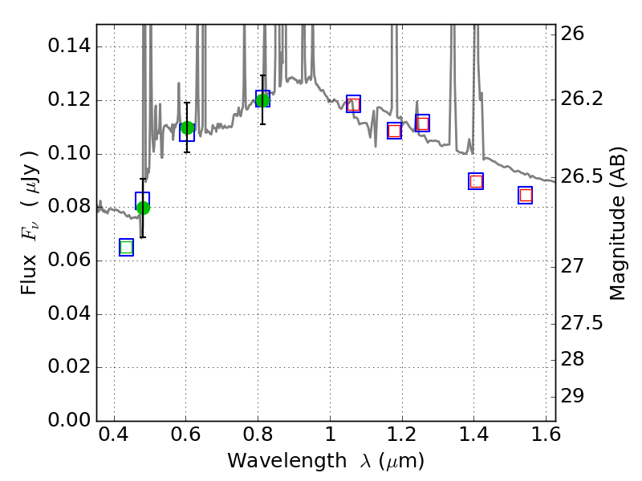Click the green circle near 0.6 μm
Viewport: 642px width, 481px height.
[x=187, y=128]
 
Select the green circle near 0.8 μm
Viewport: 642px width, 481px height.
[x=262, y=99]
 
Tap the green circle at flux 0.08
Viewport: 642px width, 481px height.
[x=143, y=208]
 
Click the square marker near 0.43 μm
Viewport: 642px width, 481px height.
[x=126, y=247]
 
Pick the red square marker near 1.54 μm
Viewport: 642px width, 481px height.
[x=526, y=195]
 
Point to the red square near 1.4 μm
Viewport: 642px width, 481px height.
[x=476, y=181]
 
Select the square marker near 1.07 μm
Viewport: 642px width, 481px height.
[x=353, y=103]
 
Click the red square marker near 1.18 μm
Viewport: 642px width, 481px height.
[x=394, y=131]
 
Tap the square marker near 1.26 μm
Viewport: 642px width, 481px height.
[x=422, y=123]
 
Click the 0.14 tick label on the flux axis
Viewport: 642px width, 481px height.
[x=68, y=46]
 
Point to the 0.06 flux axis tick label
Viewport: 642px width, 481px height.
[x=68, y=261]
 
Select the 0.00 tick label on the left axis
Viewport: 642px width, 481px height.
[x=68, y=421]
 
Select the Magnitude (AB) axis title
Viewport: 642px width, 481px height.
[x=617, y=224]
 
